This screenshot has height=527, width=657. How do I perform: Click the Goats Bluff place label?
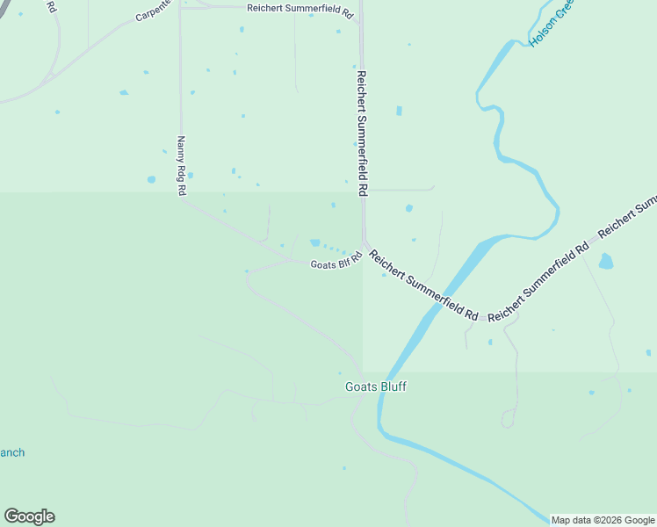pyautogui.click(x=376, y=386)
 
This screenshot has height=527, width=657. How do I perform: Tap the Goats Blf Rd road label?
pyautogui.click(x=336, y=264)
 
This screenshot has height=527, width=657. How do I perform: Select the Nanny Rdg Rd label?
pyautogui.click(x=182, y=165)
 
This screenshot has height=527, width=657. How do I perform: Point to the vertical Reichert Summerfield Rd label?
pyautogui.click(x=361, y=132)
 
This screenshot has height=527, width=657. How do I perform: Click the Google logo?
pyautogui.click(x=29, y=516)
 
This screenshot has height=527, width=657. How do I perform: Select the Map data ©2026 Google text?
pyautogui.click(x=603, y=520)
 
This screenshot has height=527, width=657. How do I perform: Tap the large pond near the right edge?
pyautogui.click(x=605, y=261)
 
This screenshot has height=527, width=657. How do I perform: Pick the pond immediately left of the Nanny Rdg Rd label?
pyautogui.click(x=152, y=179)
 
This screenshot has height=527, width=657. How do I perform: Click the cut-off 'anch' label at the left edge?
pyautogui.click(x=12, y=453)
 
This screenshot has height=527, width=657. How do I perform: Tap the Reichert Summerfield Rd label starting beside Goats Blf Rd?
pyautogui.click(x=423, y=285)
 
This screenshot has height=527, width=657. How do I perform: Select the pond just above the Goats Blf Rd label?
pyautogui.click(x=314, y=242)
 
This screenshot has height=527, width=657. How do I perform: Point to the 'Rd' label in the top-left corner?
pyautogui.click(x=51, y=7)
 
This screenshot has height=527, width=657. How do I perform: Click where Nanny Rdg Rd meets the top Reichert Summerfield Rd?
pyautogui.click(x=180, y=7)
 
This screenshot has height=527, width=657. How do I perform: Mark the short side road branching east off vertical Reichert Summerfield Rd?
pyautogui.click(x=400, y=189)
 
